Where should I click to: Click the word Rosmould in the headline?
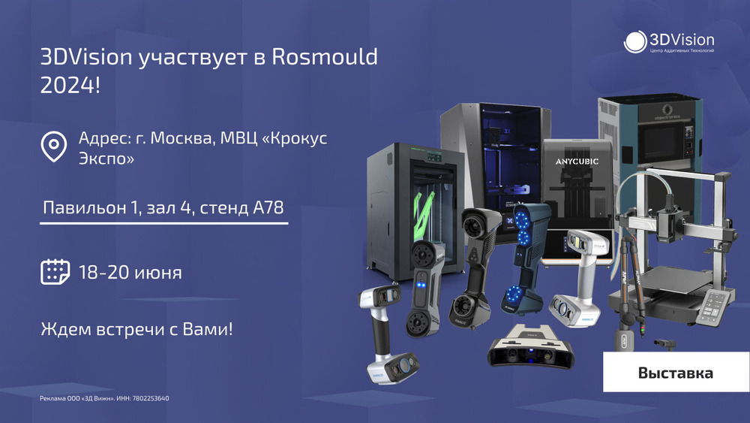325,56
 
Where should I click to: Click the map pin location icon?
53,147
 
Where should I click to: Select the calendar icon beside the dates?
55,272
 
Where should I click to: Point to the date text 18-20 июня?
130,272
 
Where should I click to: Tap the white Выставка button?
676,372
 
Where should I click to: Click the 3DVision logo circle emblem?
635,41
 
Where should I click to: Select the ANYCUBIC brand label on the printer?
577,162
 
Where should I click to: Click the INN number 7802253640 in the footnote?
150,398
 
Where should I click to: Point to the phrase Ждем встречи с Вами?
136,329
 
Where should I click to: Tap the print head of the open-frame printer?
669,222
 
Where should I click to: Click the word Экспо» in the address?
106,158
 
